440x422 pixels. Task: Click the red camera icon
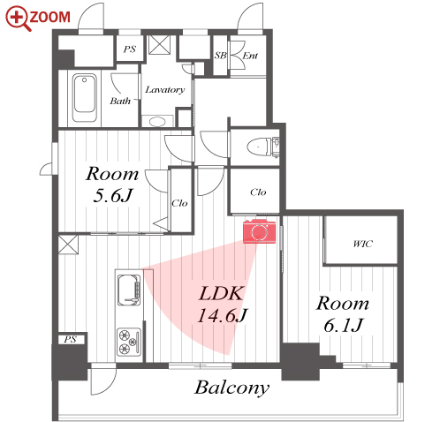pyautogui.click(x=259, y=231)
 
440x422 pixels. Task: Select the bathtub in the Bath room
pyautogui.click(x=85, y=98)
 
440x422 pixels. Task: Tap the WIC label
pyautogui.click(x=363, y=244)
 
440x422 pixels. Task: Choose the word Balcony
pyautogui.click(x=231, y=388)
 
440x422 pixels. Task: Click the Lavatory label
pyautogui.click(x=165, y=89)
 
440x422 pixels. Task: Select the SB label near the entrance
pyautogui.click(x=220, y=56)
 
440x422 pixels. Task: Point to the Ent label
pyautogui.click(x=250, y=56)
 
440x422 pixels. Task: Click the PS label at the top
pyautogui.click(x=130, y=49)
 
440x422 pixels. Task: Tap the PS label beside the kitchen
pyautogui.click(x=70, y=339)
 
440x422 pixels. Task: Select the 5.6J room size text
pyautogui.click(x=113, y=195)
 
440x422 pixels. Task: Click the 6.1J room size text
pyautogui.click(x=343, y=325)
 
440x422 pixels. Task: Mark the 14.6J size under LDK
pyautogui.click(x=223, y=315)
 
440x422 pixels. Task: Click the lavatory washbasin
pyautogui.click(x=157, y=121)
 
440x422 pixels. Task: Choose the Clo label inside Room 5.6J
pyautogui.click(x=179, y=203)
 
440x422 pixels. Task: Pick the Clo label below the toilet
pyautogui.click(x=258, y=192)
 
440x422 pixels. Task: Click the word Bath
pyautogui.click(x=120, y=101)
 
